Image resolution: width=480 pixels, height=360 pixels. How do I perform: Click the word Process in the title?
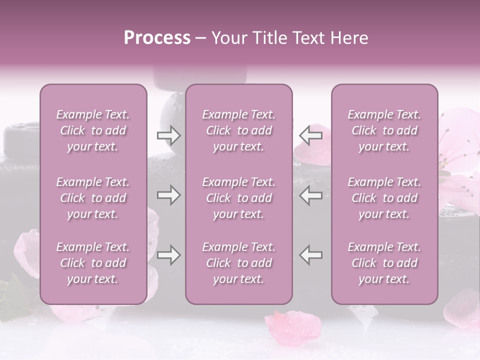[x=157, y=38]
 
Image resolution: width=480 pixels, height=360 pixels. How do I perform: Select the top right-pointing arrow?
[x=168, y=135]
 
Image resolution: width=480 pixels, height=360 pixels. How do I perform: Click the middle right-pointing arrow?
[x=168, y=195]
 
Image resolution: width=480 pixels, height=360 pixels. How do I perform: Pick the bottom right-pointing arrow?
[x=168, y=255]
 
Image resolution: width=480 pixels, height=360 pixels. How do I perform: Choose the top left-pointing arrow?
[x=310, y=135]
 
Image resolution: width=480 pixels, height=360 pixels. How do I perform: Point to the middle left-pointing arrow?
[x=310, y=195]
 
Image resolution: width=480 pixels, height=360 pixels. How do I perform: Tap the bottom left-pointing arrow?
[x=310, y=255]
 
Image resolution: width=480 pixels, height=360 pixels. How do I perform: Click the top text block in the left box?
[x=93, y=130]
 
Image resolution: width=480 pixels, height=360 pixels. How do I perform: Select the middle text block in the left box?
[x=93, y=198]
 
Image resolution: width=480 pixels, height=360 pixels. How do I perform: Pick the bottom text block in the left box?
[x=93, y=263]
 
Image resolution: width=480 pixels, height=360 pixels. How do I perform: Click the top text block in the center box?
[x=238, y=130]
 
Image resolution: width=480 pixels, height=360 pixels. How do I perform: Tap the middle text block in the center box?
[x=238, y=198]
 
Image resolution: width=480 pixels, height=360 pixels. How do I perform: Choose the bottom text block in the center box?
[x=238, y=263]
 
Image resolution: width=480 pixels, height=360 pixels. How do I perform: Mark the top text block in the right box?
[x=384, y=130]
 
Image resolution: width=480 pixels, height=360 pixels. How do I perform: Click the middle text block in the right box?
[x=384, y=198]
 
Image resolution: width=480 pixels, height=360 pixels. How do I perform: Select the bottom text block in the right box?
[x=384, y=263]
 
